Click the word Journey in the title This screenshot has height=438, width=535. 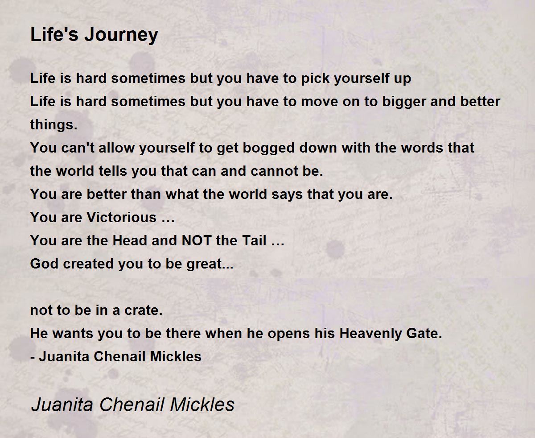click(121, 36)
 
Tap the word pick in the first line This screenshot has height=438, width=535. click(315, 78)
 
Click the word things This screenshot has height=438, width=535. click(53, 124)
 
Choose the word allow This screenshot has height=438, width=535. click(117, 148)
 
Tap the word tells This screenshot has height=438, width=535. click(113, 171)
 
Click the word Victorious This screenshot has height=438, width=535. click(122, 218)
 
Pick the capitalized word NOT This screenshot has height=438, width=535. click(197, 240)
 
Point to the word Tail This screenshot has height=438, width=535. click(255, 240)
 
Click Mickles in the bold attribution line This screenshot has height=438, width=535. click(176, 356)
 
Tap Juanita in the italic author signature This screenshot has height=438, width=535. click(62, 404)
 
